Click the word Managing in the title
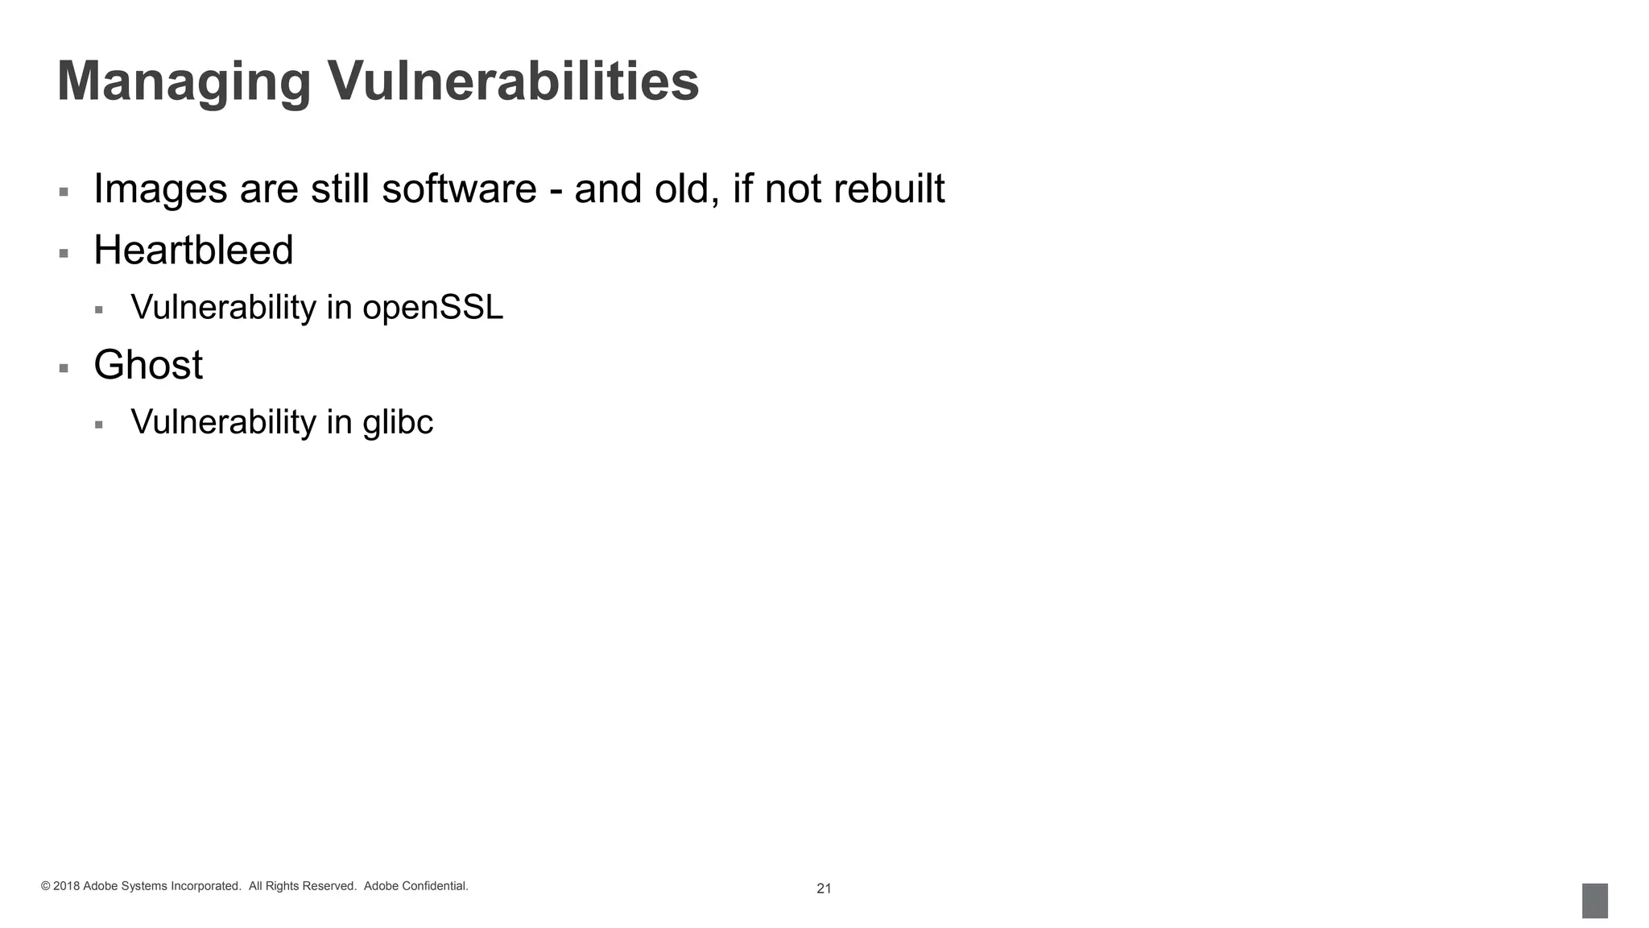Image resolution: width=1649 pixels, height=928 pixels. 184,83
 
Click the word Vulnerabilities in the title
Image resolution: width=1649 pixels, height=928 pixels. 513,81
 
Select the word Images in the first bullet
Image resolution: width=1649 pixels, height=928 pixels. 160,190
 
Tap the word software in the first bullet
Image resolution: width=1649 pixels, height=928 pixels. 459,188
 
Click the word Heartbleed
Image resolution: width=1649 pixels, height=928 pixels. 193,250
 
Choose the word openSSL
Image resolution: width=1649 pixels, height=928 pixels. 432,308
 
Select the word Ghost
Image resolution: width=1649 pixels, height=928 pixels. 148,365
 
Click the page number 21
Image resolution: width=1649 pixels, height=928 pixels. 824,889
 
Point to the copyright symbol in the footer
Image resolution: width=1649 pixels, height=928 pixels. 45,887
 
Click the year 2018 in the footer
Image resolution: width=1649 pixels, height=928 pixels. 66,887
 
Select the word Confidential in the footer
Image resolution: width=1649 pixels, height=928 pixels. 435,886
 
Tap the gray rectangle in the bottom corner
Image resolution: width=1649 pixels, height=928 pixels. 1594,901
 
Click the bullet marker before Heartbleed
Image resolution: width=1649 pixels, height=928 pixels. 64,254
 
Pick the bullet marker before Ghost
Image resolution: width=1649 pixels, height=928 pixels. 64,369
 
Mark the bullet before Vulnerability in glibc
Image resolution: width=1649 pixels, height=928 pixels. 99,425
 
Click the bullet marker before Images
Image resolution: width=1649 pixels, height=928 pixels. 64,193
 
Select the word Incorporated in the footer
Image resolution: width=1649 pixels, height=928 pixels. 205,886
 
